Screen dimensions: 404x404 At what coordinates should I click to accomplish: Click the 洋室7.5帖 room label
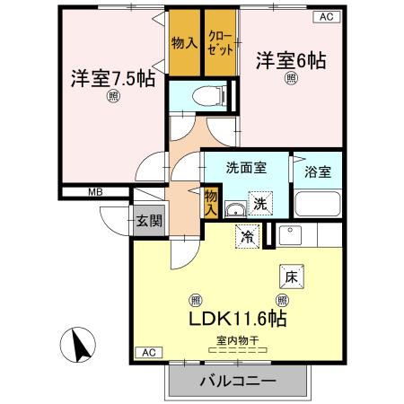114,77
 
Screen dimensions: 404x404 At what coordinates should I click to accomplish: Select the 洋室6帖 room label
292,61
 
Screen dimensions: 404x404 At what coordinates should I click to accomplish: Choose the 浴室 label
319,171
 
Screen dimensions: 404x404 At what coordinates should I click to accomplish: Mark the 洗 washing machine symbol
259,202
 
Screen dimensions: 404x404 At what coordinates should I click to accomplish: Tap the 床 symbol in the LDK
291,277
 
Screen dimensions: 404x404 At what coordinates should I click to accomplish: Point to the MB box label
94,191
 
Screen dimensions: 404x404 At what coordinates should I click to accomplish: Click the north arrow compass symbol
77,347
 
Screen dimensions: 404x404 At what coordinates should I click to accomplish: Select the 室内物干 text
237,339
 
